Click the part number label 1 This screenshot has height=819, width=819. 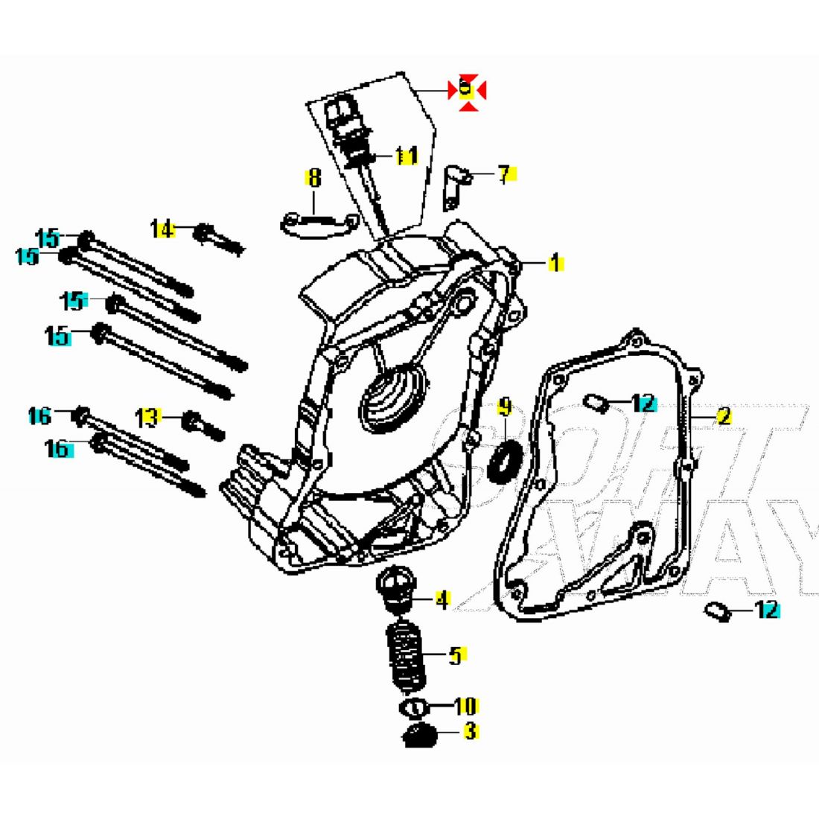coord(555,263)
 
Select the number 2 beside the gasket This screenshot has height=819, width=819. coord(723,416)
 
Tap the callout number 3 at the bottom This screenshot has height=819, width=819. coord(470,731)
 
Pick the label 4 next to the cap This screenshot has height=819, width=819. coord(442,599)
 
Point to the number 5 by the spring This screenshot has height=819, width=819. coord(456,655)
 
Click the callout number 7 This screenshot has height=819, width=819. coord(505,175)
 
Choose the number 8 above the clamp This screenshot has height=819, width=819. coord(314,178)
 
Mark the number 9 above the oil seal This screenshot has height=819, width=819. coord(505,407)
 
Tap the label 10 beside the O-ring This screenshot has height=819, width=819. coord(465,705)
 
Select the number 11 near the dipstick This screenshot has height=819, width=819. coord(406,156)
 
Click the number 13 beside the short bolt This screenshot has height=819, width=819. coord(148,418)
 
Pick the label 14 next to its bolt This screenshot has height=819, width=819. coord(162,229)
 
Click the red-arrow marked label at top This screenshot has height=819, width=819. coord(467,89)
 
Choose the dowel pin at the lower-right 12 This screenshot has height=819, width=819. coord(716,611)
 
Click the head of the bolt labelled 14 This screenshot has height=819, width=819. coord(202,232)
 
